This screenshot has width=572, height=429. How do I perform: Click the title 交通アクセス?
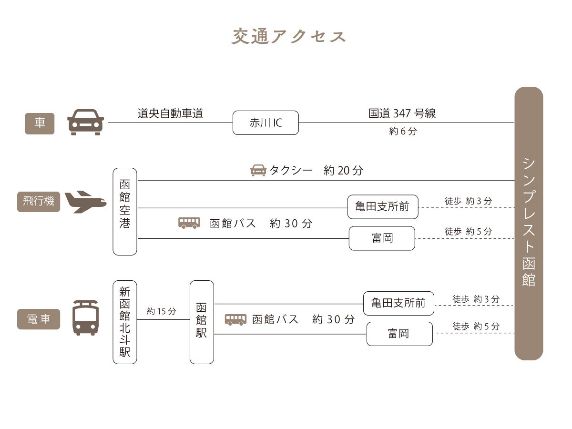tap(288, 37)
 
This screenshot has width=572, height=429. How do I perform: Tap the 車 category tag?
tap(40, 123)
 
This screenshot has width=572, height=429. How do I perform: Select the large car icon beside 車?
tap(85, 122)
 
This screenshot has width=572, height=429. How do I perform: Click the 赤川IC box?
tap(266, 123)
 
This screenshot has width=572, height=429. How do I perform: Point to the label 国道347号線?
tap(402, 113)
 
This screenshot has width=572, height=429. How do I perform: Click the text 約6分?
tap(403, 131)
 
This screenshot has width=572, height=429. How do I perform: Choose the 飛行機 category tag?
tap(39, 202)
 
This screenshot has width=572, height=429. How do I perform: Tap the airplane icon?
tap(85, 202)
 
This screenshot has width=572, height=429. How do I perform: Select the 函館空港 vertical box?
tap(125, 212)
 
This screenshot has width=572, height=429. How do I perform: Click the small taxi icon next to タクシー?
tap(258, 170)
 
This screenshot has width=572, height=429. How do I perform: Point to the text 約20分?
tap(343, 171)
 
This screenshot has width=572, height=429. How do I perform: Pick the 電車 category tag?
tap(39, 319)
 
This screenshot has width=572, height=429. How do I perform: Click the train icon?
tap(85, 318)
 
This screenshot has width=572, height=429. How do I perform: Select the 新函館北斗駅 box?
tap(125, 322)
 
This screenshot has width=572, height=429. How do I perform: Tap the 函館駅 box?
tap(202, 322)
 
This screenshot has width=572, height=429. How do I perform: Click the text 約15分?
tap(162, 311)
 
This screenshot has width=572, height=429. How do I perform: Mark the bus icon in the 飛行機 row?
tap(189, 223)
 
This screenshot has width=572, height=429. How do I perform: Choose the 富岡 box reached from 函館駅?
tap(399, 334)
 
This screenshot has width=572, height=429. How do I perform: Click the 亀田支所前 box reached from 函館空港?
tap(383, 207)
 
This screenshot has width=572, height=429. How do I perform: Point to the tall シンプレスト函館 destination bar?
tap(529, 224)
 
